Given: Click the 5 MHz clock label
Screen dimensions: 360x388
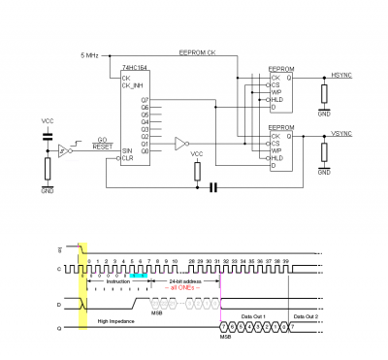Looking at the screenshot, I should [x=90, y=56].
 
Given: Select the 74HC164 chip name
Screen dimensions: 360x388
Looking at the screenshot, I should [x=134, y=69].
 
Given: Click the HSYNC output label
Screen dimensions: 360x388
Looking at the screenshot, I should [x=343, y=75].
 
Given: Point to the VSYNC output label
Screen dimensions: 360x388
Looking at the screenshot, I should [x=343, y=133].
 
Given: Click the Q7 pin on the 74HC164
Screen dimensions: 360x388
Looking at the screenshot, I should [x=145, y=100].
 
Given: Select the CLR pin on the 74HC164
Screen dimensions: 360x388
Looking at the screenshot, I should [x=127, y=158].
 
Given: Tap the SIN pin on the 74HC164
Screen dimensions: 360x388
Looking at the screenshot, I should [x=127, y=150].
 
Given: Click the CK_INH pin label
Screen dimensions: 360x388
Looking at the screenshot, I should [x=131, y=85].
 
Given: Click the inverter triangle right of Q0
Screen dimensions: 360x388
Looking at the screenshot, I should [x=181, y=144].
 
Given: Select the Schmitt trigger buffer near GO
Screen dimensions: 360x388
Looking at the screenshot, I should [x=63, y=150].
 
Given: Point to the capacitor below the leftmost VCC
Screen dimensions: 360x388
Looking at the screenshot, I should [x=48, y=138].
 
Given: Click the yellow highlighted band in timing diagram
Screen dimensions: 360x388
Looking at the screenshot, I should [x=83, y=285].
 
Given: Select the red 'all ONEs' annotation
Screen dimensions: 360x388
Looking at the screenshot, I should [x=185, y=287].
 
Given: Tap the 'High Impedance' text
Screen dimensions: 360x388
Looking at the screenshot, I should [x=117, y=319].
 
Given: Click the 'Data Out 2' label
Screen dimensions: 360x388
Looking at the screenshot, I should [x=304, y=317].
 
